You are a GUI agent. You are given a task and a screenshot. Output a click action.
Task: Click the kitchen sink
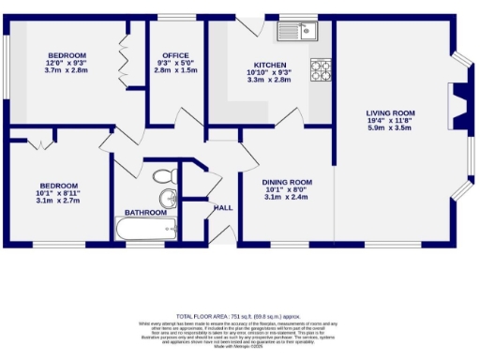click(298, 34)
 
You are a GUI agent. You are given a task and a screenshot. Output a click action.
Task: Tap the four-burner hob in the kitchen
click(321, 68)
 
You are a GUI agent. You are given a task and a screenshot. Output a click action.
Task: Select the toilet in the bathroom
click(164, 175)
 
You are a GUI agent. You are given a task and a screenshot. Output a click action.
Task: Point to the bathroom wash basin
click(168, 198)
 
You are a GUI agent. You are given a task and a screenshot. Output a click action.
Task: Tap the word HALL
click(223, 207)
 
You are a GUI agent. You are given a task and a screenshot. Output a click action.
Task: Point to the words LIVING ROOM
click(389, 113)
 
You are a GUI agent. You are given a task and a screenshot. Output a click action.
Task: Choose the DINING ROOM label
click(287, 182)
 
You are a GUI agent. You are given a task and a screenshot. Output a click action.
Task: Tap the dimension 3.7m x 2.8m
click(65, 70)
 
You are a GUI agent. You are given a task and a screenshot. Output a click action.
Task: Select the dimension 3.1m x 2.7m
click(57, 201)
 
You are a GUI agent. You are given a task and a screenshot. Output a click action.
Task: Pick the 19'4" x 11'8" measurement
click(389, 121)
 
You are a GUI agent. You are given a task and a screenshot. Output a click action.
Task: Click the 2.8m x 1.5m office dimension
click(176, 70)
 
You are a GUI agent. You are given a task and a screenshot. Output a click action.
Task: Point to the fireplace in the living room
click(458, 105)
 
